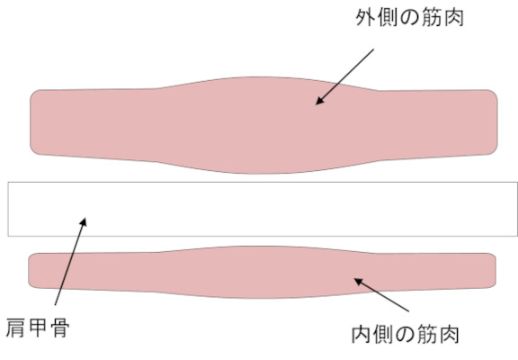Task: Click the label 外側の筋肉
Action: pyautogui.click(x=410, y=17)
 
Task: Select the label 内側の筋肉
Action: pyautogui.click(x=406, y=334)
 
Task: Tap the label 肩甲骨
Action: pyautogui.click(x=38, y=328)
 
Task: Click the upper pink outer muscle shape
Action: pyautogui.click(x=263, y=125)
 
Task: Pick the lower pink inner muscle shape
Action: pyautogui.click(x=262, y=272)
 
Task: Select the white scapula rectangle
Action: pyautogui.click(x=263, y=209)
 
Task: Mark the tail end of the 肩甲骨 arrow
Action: pyautogui.click(x=55, y=305)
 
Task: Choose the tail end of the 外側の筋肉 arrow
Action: pyautogui.click(x=373, y=49)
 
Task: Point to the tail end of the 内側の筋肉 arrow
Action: pyautogui.click(x=408, y=311)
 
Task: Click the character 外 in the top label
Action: pyautogui.click(x=365, y=17)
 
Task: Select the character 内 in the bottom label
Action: pyautogui.click(x=361, y=334)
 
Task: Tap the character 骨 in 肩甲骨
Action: pyautogui.click(x=60, y=328)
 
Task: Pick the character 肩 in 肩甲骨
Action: pyautogui.click(x=15, y=328)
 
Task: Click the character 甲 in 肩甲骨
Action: pyautogui.click(x=38, y=328)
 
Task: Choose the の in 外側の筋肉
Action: pyautogui.click(x=409, y=18)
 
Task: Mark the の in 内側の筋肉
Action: pyautogui.click(x=405, y=335)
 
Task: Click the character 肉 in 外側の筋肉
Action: pyautogui.click(x=454, y=17)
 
